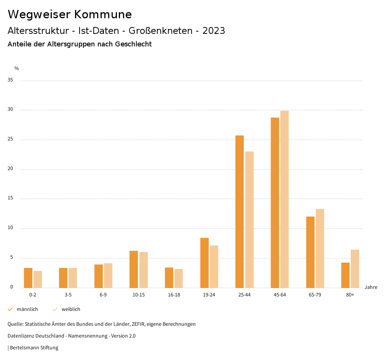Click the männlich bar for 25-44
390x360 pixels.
[x=240, y=212]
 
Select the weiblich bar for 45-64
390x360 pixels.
[x=285, y=199]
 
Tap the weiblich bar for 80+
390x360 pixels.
[x=355, y=269]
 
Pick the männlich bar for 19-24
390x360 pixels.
[x=205, y=263]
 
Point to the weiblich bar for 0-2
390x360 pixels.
[x=38, y=279]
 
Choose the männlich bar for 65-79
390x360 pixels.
[x=310, y=252]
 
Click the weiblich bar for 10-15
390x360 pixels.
[x=144, y=270]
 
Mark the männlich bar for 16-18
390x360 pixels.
[x=169, y=277]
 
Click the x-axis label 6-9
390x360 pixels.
[x=103, y=295]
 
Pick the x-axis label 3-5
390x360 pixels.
[x=68, y=295]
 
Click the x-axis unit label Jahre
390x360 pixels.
[x=371, y=287]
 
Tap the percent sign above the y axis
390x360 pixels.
[x=17, y=68]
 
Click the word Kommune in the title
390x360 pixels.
[x=103, y=14]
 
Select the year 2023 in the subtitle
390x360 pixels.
[x=214, y=31]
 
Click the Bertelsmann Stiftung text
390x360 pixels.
[x=34, y=348]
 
